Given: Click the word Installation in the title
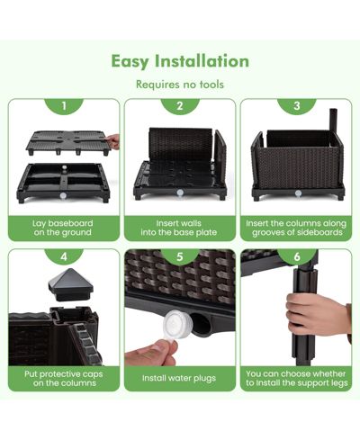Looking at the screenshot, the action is click(202, 61).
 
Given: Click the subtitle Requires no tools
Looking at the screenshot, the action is click(180, 85).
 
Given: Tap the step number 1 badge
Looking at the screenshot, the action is click(64, 106).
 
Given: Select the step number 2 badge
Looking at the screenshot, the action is click(180, 106).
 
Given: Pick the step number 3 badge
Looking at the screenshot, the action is click(297, 106).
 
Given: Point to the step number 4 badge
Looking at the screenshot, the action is click(64, 256).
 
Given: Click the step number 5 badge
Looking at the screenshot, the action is click(180, 256).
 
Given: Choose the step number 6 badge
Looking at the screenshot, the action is click(297, 256).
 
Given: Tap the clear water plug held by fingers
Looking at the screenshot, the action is click(175, 324).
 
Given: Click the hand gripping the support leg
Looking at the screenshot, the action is click(317, 314).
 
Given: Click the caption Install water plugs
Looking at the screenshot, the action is click(179, 378).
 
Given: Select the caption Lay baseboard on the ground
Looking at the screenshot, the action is click(63, 228).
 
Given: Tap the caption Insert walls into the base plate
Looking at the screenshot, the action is click(179, 228).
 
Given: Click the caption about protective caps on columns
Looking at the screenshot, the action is click(64, 379).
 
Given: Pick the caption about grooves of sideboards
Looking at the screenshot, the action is click(296, 228).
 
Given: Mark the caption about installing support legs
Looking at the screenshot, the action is click(297, 379).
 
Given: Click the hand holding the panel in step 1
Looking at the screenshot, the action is click(113, 141).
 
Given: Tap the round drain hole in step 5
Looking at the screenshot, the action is click(201, 325).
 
